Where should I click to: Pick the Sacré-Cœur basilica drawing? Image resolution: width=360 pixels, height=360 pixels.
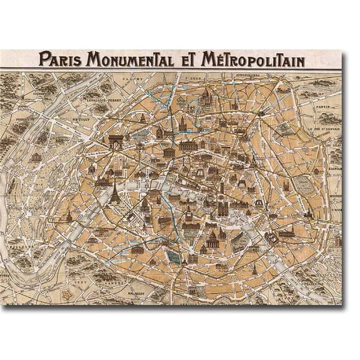207,97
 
